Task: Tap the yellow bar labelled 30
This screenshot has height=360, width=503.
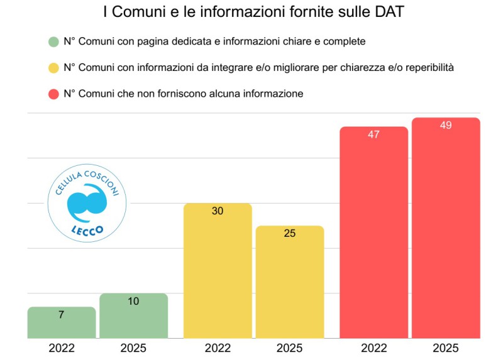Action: point(218,270)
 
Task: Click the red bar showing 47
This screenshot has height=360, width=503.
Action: point(373,232)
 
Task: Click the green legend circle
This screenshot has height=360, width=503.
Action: point(53,41)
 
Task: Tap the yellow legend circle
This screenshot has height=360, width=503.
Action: point(53,67)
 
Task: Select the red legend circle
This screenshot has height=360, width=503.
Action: point(53,94)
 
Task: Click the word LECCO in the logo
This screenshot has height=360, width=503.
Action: point(87,229)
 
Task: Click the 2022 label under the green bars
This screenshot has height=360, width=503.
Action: point(62,347)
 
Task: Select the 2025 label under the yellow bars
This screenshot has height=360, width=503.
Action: point(289,347)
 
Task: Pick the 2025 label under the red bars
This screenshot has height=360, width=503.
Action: point(445,347)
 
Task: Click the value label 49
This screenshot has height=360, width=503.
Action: point(445,126)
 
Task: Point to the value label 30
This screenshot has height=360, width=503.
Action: point(218,211)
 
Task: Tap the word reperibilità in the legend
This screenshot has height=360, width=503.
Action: point(426,68)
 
